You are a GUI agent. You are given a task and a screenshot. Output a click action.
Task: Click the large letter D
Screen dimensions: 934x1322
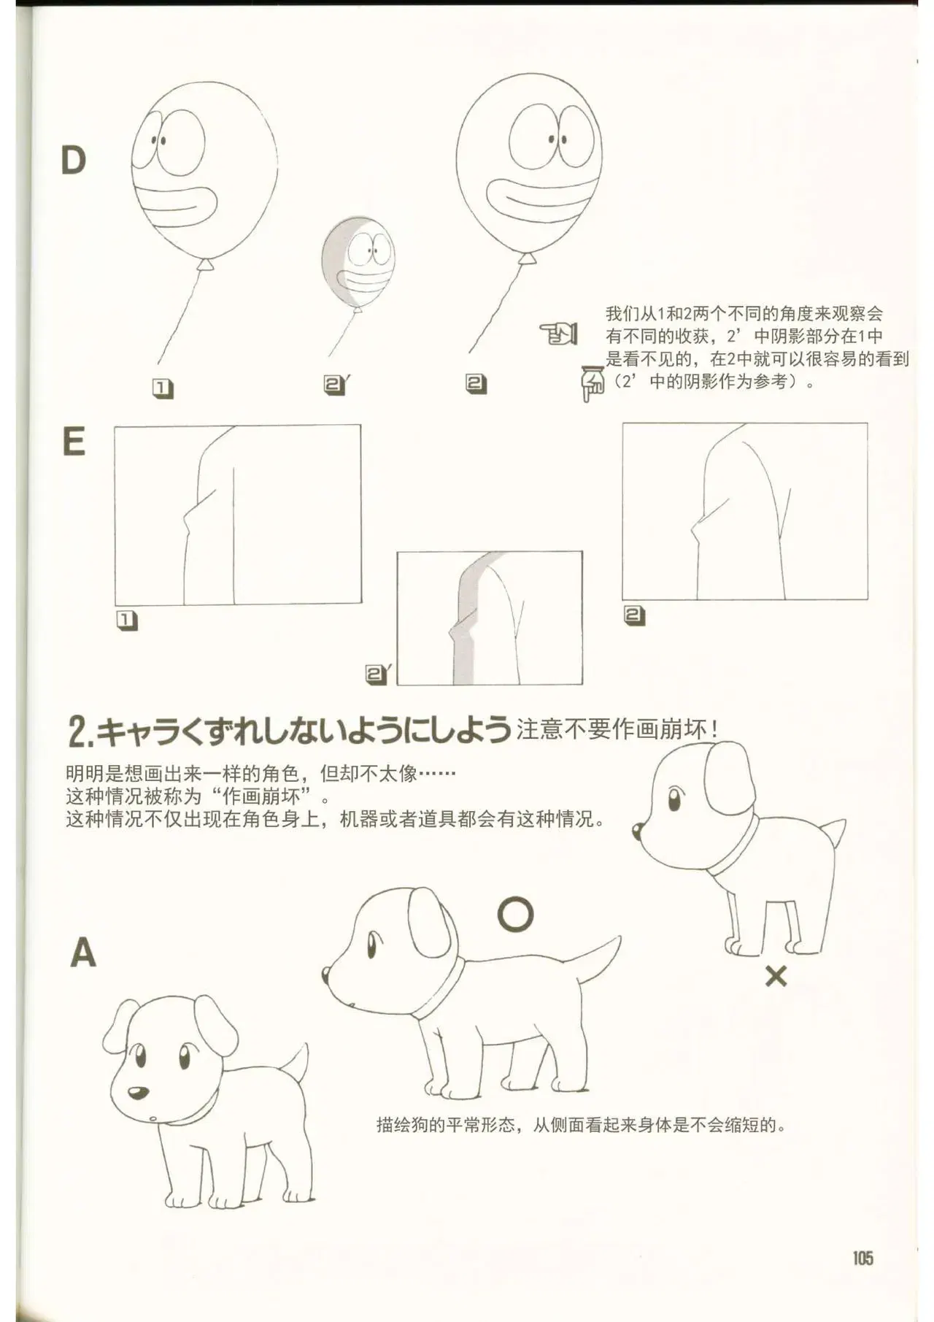(x=73, y=160)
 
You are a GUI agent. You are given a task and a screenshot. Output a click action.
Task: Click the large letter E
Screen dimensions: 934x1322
(x=74, y=441)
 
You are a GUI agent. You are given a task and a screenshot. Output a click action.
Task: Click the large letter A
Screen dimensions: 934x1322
(x=82, y=952)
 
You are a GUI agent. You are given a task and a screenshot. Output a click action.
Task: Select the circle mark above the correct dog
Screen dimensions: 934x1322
(x=515, y=913)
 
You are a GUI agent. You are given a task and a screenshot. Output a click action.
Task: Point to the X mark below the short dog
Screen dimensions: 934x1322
(x=776, y=975)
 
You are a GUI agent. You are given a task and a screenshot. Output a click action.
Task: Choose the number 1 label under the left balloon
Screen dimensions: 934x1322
(x=163, y=389)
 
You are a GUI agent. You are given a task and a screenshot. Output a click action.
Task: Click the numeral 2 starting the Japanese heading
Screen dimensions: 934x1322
(x=77, y=731)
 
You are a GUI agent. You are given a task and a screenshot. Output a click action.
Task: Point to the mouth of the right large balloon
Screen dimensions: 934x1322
(x=543, y=195)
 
